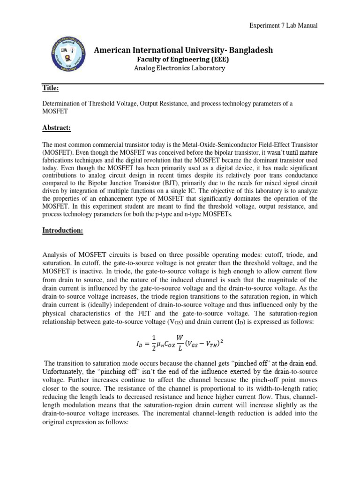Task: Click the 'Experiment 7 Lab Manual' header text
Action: pos(283,25)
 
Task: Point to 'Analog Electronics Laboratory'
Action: pos(180,68)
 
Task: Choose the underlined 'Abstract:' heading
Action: pos(57,127)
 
